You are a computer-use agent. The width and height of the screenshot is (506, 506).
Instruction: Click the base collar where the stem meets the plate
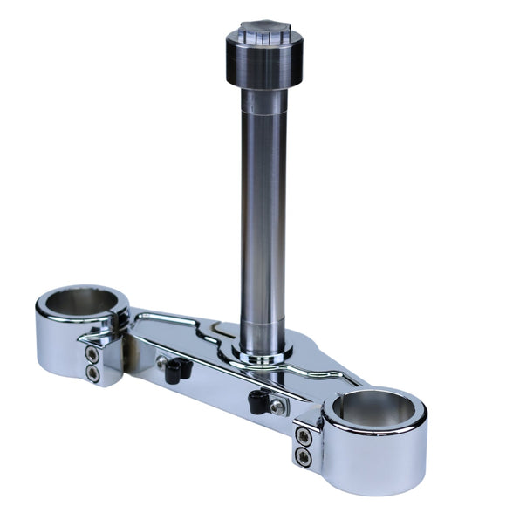tap(263, 352)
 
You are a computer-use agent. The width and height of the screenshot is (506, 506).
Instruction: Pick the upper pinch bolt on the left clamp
tap(92, 352)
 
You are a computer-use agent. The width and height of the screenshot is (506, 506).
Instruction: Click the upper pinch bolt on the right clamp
tap(303, 435)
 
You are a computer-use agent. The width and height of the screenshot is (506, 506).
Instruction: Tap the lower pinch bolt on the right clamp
tap(304, 456)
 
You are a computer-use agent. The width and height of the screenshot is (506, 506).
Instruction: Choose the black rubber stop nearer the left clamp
tap(174, 372)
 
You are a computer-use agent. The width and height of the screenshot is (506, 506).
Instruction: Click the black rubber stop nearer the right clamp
tap(256, 402)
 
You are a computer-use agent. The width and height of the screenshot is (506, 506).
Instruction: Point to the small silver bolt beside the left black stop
tap(161, 360)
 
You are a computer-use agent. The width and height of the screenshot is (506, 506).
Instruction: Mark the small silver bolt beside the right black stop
tap(277, 407)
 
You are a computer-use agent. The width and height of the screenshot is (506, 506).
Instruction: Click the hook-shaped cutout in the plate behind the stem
tap(209, 332)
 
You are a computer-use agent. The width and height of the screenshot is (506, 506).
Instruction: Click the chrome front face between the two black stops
tap(214, 393)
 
